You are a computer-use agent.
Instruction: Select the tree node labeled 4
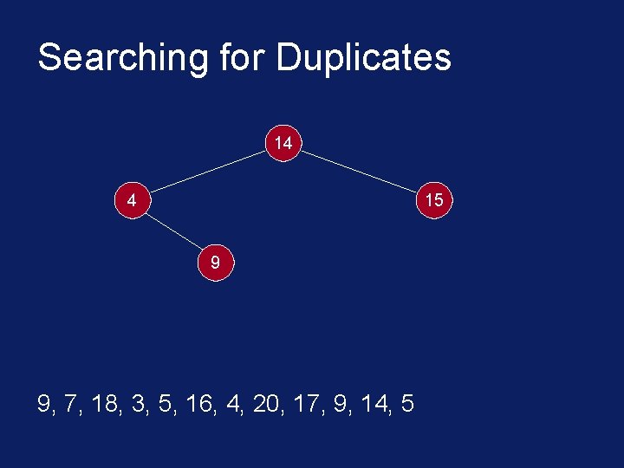[x=131, y=200]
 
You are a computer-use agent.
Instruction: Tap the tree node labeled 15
[x=433, y=200]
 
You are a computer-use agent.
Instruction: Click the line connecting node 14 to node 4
[x=207, y=171]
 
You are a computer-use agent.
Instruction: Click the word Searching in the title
[x=122, y=58]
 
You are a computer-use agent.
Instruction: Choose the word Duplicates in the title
[x=364, y=58]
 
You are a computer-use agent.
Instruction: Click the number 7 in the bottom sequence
[x=70, y=404]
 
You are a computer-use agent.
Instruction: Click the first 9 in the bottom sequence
[x=44, y=404]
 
